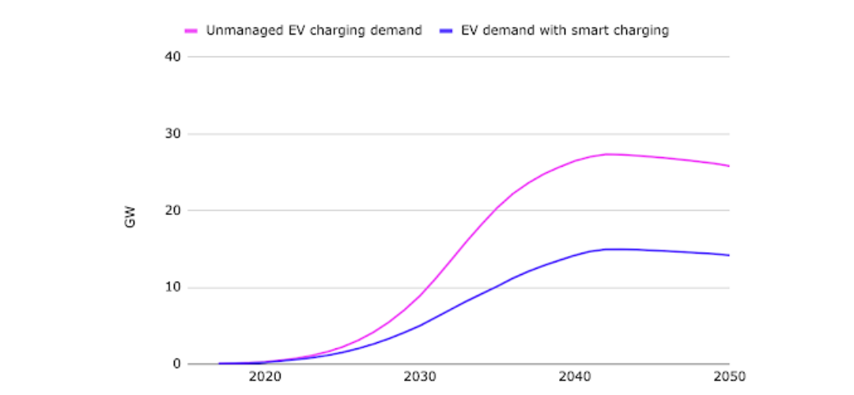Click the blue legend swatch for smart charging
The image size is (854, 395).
pos(445,31)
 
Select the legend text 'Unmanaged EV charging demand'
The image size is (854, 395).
pos(314,31)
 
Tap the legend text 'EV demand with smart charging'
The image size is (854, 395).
pos(565,31)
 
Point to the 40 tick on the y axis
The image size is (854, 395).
pos(173,57)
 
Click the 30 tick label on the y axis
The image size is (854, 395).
pos(173,134)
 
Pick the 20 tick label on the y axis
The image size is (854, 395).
pos(173,210)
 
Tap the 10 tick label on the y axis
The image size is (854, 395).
pos(173,288)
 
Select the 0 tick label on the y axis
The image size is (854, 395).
pos(177,364)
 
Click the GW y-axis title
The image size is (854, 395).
pos(130,217)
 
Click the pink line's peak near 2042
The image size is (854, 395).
pos(606,154)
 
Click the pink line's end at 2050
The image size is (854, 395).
pos(728,166)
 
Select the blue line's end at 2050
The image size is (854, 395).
pos(728,255)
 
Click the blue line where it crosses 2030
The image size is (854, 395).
pos(420,324)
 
